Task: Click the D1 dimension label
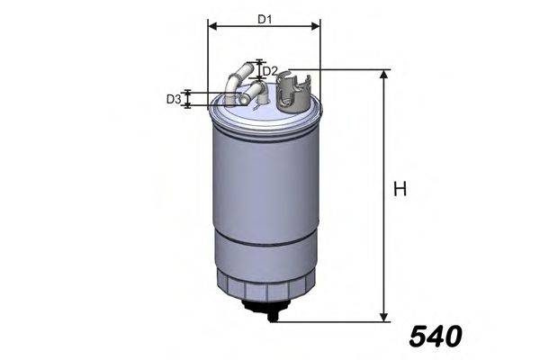[264, 18]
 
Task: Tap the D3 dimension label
[174, 99]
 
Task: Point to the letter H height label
[400, 190]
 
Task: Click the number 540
[435, 337]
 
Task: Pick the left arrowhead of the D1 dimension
[211, 26]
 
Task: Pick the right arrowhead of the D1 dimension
[316, 26]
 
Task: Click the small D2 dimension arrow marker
[260, 69]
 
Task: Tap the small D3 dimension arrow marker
[188, 99]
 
